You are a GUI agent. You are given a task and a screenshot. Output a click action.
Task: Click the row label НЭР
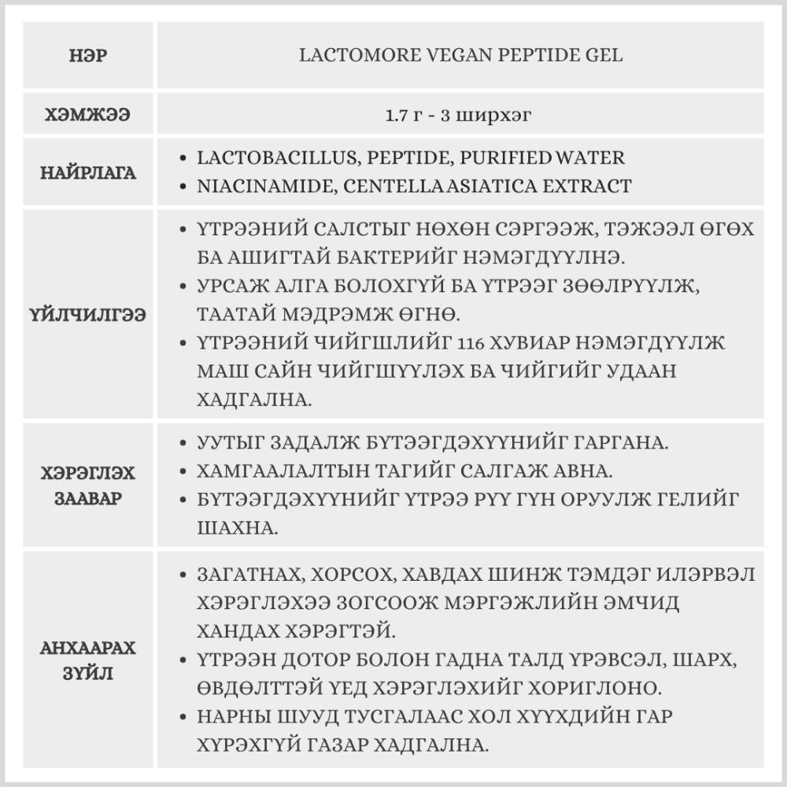point(88,57)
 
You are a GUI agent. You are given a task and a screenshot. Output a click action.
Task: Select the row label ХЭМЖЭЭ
point(88,115)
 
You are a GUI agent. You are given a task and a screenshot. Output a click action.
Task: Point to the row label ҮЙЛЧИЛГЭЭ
point(89,314)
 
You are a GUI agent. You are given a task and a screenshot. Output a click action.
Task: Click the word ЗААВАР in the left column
point(88,499)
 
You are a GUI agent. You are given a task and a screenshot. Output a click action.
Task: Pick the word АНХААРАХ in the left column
point(88,648)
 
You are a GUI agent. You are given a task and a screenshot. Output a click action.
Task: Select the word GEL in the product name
point(604,56)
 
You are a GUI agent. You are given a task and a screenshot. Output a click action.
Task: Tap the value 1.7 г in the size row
point(405,115)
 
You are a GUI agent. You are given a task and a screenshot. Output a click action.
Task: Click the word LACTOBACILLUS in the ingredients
point(276,157)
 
